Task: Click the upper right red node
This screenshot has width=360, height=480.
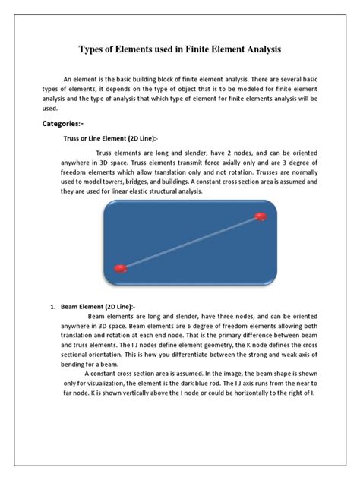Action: click(261, 216)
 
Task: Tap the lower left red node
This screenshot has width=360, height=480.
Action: click(120, 268)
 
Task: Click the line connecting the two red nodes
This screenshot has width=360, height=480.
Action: click(190, 242)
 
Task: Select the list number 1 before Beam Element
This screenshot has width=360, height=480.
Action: click(53, 306)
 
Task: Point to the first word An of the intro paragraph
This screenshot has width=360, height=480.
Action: click(68, 78)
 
